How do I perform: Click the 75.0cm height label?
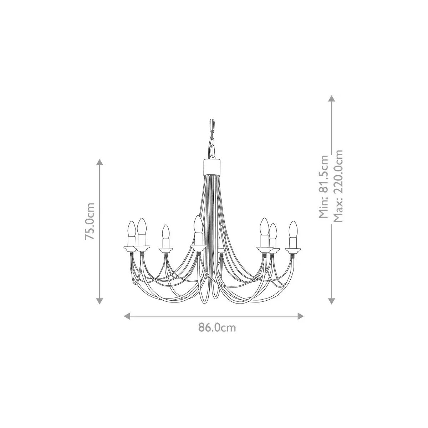[x=90, y=221]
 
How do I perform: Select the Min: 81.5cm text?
[x=323, y=187]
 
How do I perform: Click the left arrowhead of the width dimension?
[x=127, y=316]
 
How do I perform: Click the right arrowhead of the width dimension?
[x=301, y=316]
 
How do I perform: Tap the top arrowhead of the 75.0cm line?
[x=100, y=162]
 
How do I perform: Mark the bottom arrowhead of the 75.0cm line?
[x=100, y=301]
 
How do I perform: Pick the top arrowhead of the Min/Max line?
[x=332, y=98]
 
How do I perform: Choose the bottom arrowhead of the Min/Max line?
[x=332, y=301]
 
